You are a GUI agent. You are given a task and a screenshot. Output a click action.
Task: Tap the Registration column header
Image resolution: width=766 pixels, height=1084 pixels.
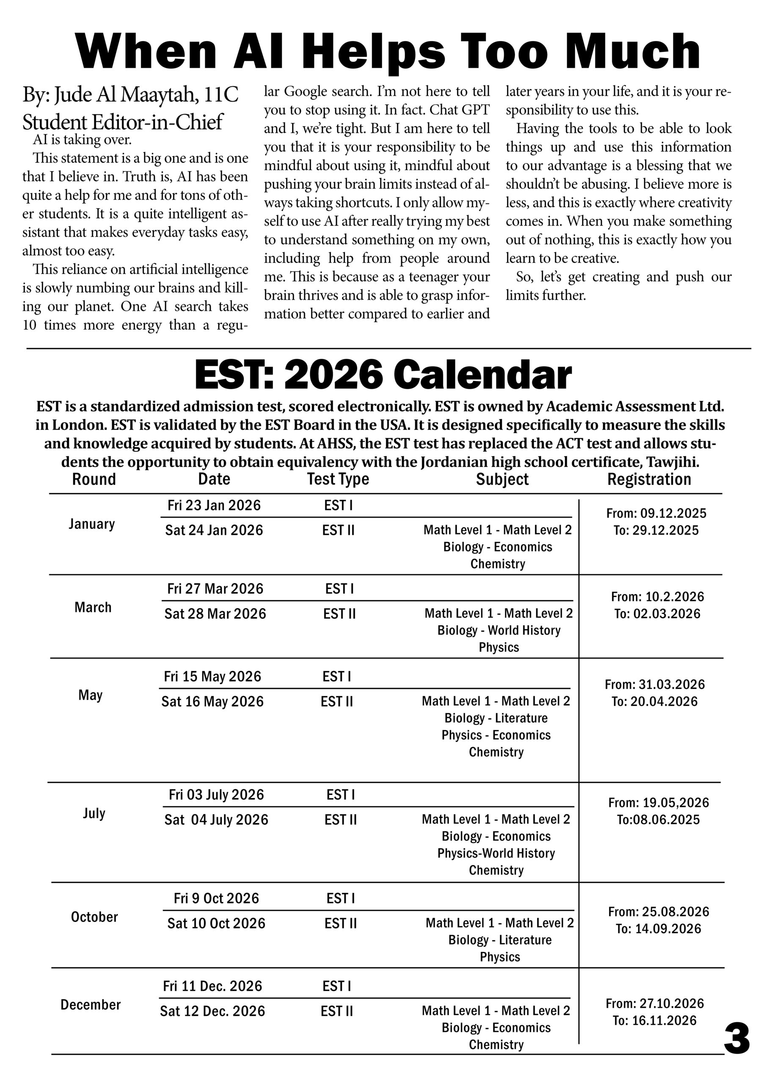649,479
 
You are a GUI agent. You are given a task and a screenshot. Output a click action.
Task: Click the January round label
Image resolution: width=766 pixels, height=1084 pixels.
91,524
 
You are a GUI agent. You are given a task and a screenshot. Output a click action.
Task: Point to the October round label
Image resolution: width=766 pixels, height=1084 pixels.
94,917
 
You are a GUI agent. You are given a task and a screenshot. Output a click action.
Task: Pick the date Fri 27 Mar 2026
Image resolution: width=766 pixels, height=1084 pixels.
215,589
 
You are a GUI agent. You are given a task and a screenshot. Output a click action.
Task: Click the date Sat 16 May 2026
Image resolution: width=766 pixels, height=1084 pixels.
212,702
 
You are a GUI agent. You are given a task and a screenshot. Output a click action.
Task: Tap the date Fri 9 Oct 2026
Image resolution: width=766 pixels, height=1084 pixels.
216,898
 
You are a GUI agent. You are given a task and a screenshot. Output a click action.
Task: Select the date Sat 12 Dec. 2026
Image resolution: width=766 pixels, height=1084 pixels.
212,1011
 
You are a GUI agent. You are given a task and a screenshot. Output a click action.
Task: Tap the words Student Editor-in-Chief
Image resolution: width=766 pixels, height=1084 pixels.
122,122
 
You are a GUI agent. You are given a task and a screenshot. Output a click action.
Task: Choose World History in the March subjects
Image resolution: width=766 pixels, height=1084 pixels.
524,630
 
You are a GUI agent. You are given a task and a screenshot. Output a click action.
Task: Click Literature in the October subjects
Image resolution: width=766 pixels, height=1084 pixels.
525,940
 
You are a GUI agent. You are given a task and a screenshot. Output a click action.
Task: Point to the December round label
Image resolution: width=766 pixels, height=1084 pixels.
91,1005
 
